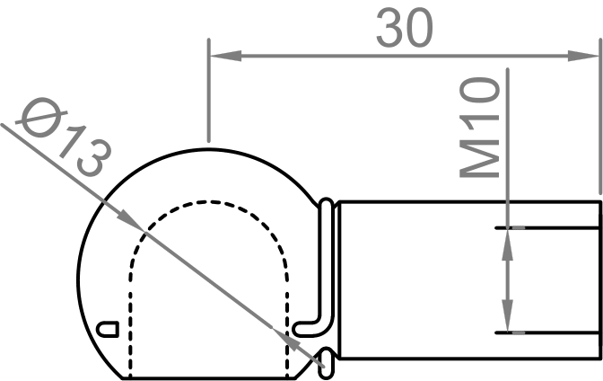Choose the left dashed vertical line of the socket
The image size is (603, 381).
point(131,315)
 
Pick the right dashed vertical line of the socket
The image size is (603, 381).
point(288,315)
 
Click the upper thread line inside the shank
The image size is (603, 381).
point(547,229)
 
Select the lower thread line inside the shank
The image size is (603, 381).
point(547,332)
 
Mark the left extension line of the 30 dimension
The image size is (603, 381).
point(208,90)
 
